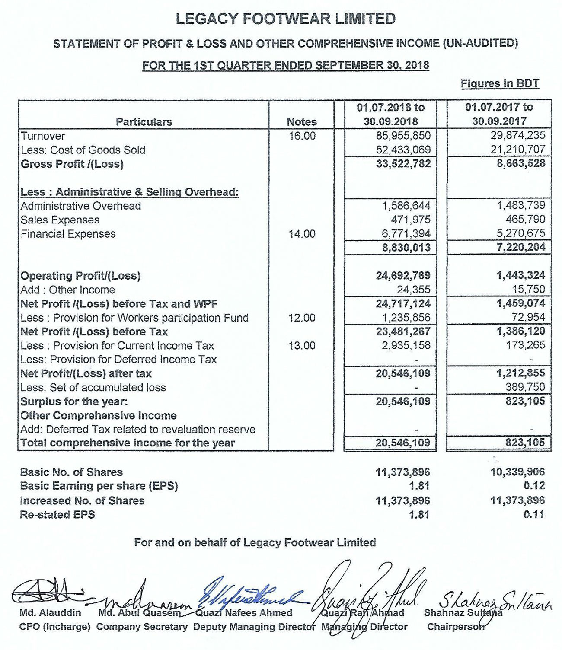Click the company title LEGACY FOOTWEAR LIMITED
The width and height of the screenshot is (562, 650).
285,19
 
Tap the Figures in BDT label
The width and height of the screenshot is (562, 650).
500,83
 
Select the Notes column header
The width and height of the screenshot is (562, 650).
302,122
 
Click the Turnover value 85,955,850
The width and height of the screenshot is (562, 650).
403,136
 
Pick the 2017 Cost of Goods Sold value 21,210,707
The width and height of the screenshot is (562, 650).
518,150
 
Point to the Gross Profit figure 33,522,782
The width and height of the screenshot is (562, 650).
403,164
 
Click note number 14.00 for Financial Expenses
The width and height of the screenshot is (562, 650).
302,234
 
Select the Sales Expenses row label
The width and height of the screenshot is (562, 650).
60,220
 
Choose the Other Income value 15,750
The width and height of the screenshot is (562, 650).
530,290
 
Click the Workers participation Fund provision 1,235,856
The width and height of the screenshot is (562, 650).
406,318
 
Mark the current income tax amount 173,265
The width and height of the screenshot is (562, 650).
526,345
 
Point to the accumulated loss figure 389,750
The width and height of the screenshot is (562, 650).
525,387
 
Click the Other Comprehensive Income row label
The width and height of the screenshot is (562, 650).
99,416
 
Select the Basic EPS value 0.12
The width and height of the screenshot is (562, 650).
534,486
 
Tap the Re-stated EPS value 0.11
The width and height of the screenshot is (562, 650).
534,514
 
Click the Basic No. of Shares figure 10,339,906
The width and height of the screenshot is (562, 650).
517,472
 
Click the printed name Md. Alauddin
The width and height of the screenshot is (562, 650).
50,613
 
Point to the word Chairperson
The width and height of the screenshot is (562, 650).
455,627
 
